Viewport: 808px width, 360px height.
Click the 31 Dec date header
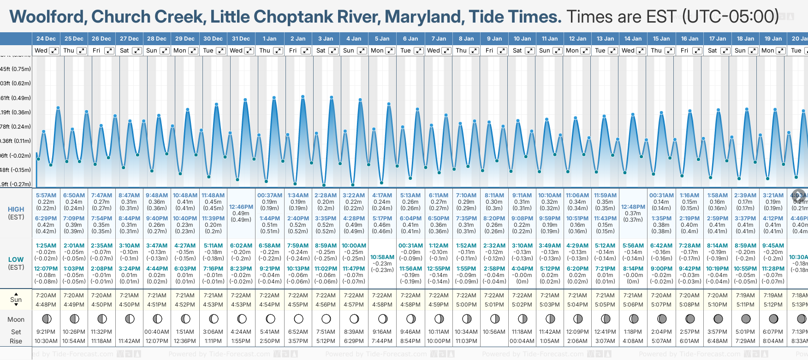pos(241,39)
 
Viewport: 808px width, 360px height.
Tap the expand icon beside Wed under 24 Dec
pos(54,51)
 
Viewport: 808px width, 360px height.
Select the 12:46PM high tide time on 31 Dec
pos(241,207)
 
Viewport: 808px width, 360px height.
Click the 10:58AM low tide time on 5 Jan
pos(382,257)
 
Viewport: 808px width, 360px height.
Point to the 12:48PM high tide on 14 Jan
pos(633,207)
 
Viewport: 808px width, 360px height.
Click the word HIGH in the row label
pos(16,209)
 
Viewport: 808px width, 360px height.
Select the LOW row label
pos(16,260)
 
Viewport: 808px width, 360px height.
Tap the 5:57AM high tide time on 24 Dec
pos(46,195)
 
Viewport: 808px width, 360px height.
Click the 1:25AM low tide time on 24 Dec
pos(46,246)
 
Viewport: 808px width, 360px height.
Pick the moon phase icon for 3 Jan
pos(326,319)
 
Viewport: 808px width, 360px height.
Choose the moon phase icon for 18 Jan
pos(746,319)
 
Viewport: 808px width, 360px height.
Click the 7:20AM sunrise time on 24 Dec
pos(46,295)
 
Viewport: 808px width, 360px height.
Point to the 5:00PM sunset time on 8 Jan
pos(466,304)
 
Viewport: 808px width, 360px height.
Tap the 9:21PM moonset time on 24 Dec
pos(46,332)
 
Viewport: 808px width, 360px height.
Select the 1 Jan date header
pos(269,39)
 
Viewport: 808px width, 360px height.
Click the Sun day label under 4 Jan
pos(349,51)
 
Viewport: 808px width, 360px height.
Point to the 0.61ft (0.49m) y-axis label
pos(16,98)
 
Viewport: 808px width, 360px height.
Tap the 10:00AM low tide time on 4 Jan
pos(354,246)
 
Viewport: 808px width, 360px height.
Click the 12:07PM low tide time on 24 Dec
pos(46,269)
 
